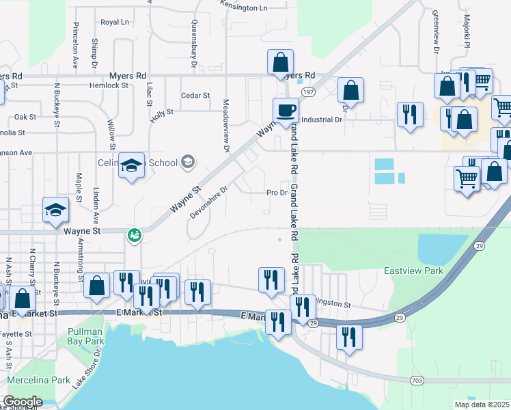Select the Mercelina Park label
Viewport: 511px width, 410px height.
coord(39,379)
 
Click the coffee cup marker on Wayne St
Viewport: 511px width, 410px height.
coord(286,109)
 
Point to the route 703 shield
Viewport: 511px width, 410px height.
coord(417,379)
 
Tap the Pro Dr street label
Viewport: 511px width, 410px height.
coord(276,193)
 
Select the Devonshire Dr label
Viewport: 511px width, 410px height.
coord(208,203)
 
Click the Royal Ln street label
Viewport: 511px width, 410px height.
coord(114,23)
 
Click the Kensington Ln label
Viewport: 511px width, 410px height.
coord(244,6)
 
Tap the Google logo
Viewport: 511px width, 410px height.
coord(23,401)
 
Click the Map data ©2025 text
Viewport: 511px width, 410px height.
coord(482,405)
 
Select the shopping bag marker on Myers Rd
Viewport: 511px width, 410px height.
coord(280,63)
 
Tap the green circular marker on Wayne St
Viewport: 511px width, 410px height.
coord(135,236)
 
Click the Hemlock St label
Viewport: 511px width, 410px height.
coord(109,85)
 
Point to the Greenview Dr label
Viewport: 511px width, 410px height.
coord(434,32)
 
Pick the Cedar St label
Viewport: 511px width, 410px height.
coord(195,96)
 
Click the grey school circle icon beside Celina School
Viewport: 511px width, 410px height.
coord(188,163)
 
